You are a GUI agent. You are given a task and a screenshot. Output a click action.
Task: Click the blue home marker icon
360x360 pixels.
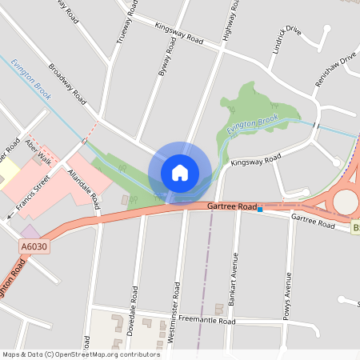(x=180, y=172)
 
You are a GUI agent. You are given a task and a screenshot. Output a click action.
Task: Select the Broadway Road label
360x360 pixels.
(x=66, y=83)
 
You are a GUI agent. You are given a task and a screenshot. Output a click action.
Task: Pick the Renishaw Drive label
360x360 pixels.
(x=336, y=65)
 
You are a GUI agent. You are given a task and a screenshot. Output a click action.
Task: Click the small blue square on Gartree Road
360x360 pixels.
(x=260, y=208)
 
